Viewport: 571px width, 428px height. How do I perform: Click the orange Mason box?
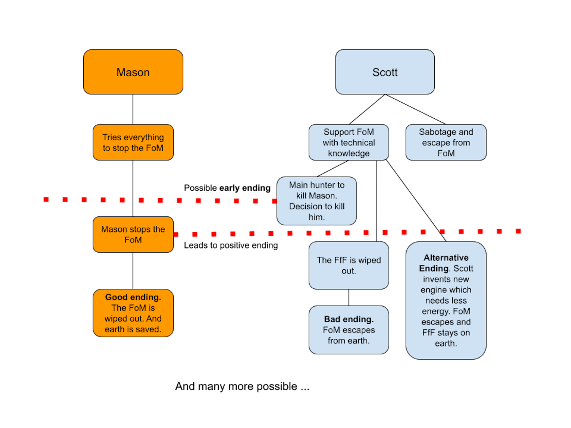point(133,72)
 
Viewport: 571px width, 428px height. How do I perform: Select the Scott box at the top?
point(385,72)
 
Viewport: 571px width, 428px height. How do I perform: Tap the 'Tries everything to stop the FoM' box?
point(133,142)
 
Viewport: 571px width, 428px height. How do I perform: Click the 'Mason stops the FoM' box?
point(133,234)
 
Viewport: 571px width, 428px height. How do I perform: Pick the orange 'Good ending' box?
point(133,313)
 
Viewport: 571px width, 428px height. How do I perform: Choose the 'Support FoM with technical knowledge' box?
point(349,142)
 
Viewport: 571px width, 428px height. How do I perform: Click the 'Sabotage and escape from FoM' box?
point(446,142)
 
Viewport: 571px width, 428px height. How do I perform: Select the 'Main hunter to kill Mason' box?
point(316,201)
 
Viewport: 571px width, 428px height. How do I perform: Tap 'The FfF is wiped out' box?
point(349,265)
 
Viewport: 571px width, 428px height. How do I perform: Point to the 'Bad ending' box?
point(349,329)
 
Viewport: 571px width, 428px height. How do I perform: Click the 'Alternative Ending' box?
point(446,300)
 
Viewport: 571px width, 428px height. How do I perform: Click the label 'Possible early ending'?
point(227,188)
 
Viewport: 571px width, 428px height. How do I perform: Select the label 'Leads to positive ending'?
point(231,245)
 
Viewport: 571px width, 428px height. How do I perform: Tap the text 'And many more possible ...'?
point(242,387)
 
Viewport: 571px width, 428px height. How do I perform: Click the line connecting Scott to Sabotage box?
point(416,110)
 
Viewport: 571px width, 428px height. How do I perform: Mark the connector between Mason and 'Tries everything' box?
point(133,109)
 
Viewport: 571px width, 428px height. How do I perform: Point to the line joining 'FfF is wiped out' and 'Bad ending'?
point(349,297)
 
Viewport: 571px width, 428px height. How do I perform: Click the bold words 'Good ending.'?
point(133,297)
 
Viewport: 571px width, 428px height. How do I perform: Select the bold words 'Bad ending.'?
point(349,319)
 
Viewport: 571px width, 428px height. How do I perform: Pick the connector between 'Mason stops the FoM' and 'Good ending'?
point(133,270)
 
